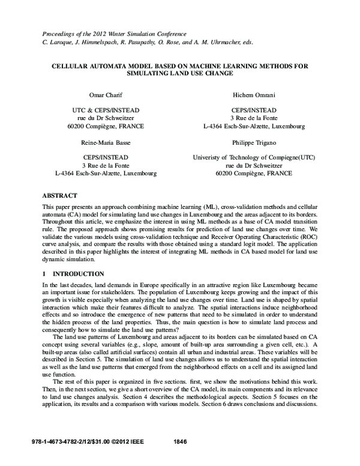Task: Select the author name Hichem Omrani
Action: (x=254, y=95)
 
